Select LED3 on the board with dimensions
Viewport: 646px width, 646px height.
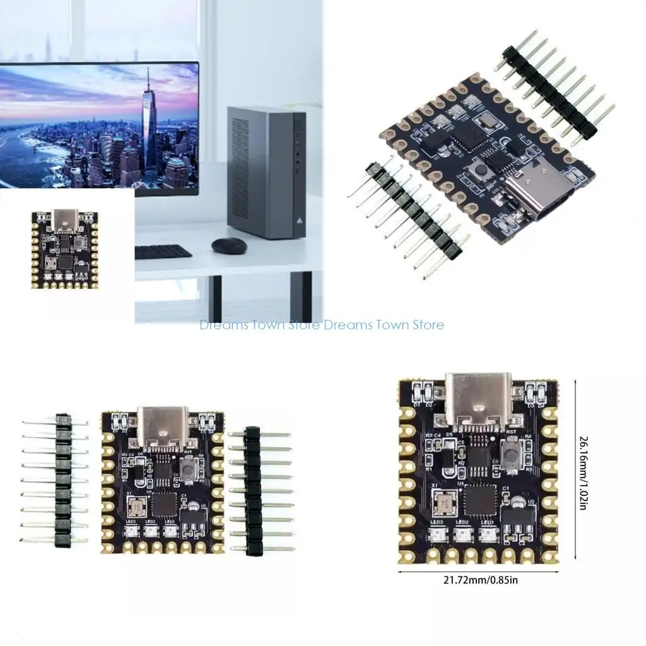tap(435, 537)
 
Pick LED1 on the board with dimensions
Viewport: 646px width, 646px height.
tap(487, 537)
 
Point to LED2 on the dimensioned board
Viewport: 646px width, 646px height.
tap(461, 537)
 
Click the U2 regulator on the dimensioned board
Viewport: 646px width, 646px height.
tap(519, 516)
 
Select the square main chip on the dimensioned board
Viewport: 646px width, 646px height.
tap(481, 500)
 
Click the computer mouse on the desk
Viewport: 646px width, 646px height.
tap(228, 245)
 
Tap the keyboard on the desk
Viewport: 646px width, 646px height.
tap(163, 252)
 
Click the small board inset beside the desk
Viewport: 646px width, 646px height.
tap(64, 249)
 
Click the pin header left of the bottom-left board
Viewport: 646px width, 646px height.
tap(62, 479)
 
